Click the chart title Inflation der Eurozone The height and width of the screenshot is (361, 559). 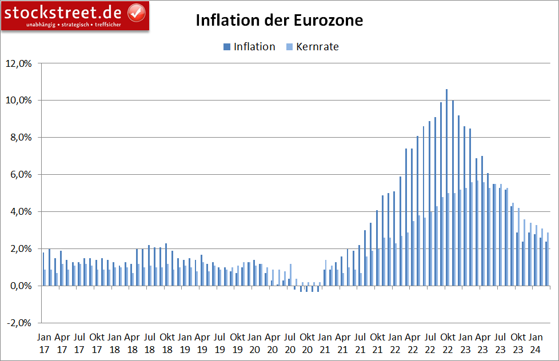tap(279, 21)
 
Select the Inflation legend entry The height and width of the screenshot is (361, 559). tap(249, 47)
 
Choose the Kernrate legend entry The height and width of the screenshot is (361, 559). tap(312, 47)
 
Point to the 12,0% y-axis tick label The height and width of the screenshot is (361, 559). tap(19, 63)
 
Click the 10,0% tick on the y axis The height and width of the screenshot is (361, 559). tap(19, 101)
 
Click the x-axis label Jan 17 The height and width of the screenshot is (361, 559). tap(44, 342)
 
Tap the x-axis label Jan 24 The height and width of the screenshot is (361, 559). tap(536, 342)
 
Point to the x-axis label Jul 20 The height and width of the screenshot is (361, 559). tap(290, 342)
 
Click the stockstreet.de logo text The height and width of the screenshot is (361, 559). tap(64, 11)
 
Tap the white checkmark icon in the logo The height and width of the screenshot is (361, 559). tap(135, 12)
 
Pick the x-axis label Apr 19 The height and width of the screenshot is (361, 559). tap(202, 342)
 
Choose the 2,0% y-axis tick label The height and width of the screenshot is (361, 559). tap(21, 249)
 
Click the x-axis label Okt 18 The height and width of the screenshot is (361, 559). tap(167, 342)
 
